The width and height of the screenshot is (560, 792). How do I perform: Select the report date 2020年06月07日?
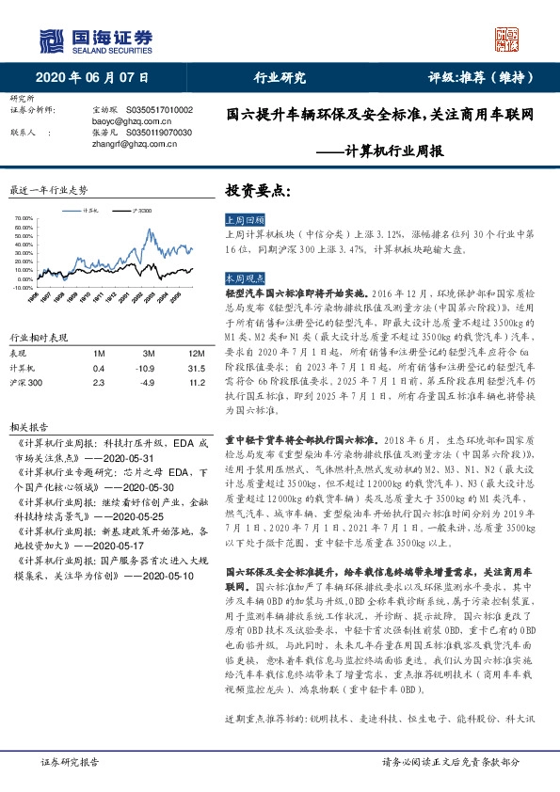pyautogui.click(x=92, y=78)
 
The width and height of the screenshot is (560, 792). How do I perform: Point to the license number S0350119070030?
pyautogui.click(x=157, y=133)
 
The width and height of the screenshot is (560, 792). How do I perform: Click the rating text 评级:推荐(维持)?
pyautogui.click(x=472, y=78)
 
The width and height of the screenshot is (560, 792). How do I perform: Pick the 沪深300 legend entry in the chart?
pyautogui.click(x=144, y=211)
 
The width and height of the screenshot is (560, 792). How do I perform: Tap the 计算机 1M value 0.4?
pyautogui.click(x=99, y=368)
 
